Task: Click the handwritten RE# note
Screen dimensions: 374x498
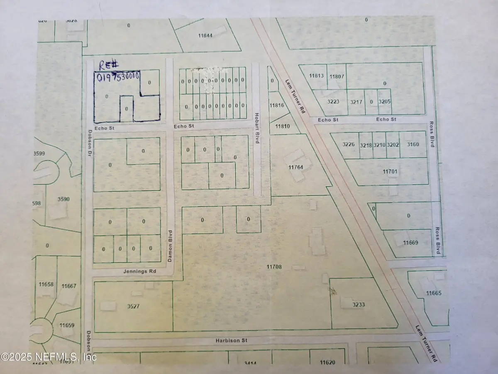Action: (107, 65)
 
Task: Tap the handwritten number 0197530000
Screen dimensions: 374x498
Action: (117, 77)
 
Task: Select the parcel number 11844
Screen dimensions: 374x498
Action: (205, 36)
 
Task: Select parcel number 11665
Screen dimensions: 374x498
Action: (433, 293)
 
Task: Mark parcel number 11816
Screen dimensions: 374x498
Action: (277, 106)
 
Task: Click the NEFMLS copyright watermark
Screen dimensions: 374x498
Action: (49, 357)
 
